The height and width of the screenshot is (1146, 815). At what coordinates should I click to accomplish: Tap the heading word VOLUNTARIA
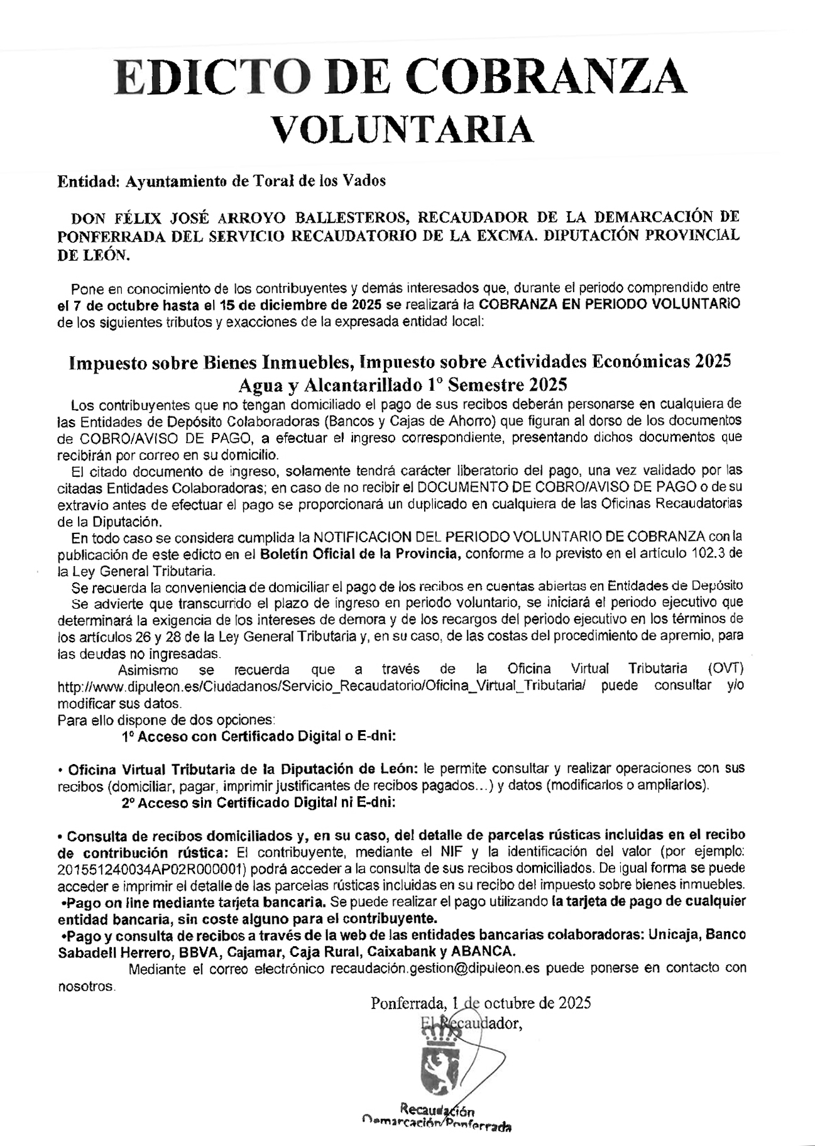[406, 129]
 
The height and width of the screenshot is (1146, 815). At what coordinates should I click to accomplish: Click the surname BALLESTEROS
[352, 217]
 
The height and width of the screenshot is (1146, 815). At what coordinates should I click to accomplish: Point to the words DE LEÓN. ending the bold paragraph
[95, 255]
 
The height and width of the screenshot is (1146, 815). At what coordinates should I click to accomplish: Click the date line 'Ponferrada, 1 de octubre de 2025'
[481, 1003]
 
